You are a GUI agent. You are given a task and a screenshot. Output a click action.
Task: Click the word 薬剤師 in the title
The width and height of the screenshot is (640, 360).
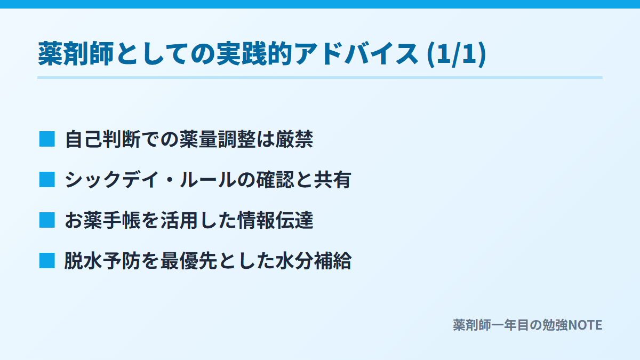[x=76, y=54]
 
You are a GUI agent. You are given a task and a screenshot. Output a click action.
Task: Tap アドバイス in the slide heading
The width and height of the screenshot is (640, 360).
[x=356, y=54]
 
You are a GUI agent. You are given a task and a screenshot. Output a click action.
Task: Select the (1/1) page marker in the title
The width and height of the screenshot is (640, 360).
[x=457, y=54]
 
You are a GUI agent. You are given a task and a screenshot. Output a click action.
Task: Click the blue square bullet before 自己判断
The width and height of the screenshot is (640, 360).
[x=47, y=139]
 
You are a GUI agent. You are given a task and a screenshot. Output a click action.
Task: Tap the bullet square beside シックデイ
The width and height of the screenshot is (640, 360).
[x=47, y=180]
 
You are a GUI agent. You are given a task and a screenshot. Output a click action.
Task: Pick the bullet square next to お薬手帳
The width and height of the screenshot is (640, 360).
[x=47, y=220]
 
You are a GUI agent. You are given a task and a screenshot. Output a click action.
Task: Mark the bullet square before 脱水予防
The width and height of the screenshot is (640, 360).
[x=47, y=261]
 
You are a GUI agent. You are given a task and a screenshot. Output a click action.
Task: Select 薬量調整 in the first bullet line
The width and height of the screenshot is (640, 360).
[x=218, y=139]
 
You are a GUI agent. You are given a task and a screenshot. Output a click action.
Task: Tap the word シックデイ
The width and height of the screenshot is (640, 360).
[x=112, y=180]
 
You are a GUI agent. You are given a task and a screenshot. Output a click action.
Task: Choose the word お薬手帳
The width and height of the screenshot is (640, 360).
[x=102, y=221]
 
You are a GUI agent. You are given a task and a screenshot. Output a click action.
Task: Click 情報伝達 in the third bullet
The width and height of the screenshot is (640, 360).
[x=275, y=221]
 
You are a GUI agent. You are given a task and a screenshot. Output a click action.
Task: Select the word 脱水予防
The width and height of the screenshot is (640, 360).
[x=102, y=261]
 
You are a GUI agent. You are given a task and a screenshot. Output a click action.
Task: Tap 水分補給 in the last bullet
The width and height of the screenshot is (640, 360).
[x=314, y=261]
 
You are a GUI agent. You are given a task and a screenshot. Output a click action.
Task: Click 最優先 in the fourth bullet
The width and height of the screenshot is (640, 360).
[x=189, y=261]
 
